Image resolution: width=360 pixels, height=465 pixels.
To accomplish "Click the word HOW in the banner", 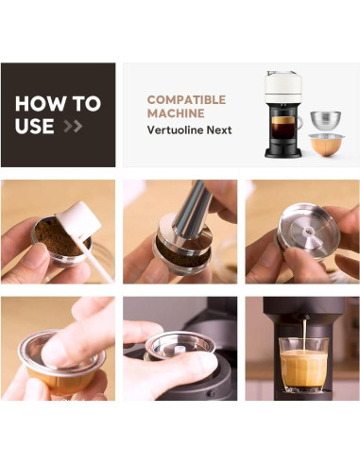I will (38, 104).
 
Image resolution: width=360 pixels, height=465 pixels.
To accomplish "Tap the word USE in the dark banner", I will (35, 126).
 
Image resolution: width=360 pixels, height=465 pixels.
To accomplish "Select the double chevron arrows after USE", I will (73, 126).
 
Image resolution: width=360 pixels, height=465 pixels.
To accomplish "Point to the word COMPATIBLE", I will (186, 99).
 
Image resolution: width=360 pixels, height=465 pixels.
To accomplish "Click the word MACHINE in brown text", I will (175, 113).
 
